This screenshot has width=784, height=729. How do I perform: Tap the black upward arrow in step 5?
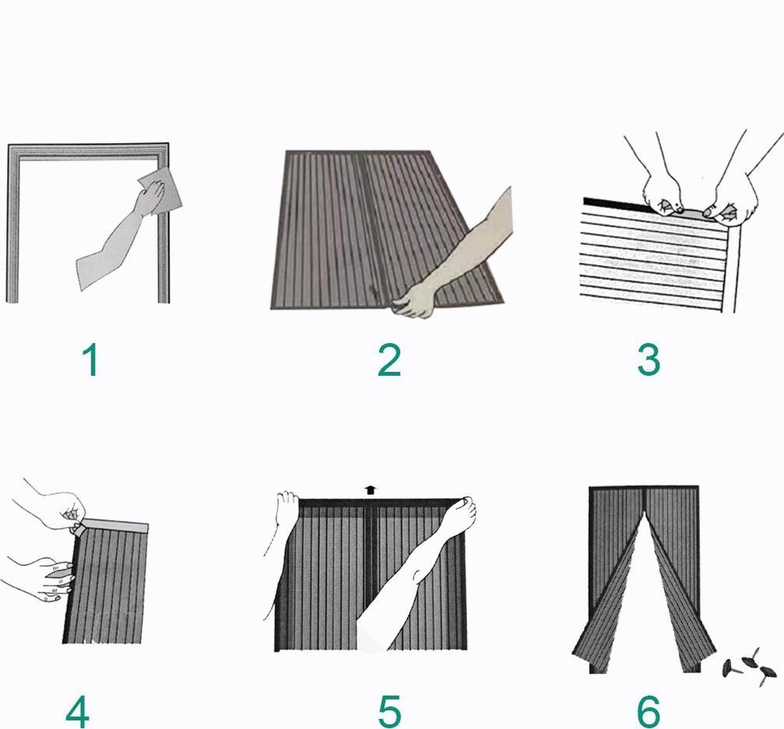370,490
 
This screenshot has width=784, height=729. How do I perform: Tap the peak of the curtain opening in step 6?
644,511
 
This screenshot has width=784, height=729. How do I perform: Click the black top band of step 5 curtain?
381,503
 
